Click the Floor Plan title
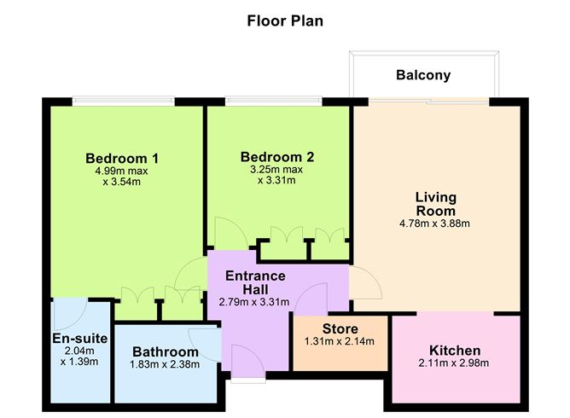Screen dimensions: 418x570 pyautogui.click(x=284, y=20)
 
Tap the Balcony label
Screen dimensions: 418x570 pyautogui.click(x=422, y=75)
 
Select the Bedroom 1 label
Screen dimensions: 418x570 pyautogui.click(x=122, y=158)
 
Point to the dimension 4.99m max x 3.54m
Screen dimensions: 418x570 pyautogui.click(x=122, y=176)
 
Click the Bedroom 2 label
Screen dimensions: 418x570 pyautogui.click(x=277, y=157)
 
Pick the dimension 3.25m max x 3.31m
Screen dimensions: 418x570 pyautogui.click(x=277, y=175)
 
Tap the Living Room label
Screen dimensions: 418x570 pyautogui.click(x=435, y=204)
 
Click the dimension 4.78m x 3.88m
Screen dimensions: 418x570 pyautogui.click(x=435, y=224)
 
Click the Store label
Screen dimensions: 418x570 pyautogui.click(x=340, y=329)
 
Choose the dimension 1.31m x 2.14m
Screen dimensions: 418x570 pyautogui.click(x=340, y=342)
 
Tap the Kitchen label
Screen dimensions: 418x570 pyautogui.click(x=455, y=351)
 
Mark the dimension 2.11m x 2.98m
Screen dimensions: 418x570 pyautogui.click(x=455, y=364)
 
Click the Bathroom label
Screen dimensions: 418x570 pyautogui.click(x=166, y=351)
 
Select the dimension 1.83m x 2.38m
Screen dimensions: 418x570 pyautogui.click(x=166, y=364)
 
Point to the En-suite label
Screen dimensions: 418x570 pyautogui.click(x=80, y=339)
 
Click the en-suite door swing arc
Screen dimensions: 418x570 pyautogui.click(x=67, y=316)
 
